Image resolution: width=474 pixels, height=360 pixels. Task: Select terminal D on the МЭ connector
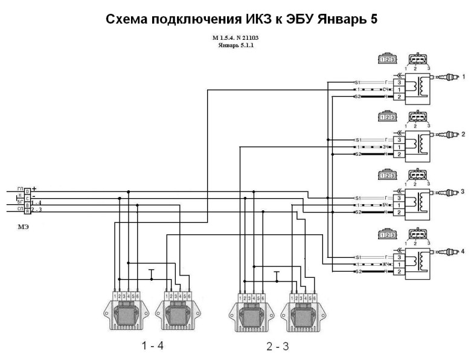(x=27, y=191)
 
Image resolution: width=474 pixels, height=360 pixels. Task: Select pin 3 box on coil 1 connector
(x=399, y=82)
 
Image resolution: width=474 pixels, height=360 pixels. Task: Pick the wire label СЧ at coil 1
(x=385, y=89)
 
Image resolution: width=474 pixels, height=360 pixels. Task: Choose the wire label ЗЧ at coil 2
(x=385, y=147)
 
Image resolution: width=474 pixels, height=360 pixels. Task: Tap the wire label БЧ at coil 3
(x=385, y=205)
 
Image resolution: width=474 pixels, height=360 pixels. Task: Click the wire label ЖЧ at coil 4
(x=385, y=264)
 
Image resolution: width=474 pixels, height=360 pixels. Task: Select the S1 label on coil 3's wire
(x=357, y=198)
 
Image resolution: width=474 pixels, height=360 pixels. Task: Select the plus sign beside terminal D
(x=34, y=188)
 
